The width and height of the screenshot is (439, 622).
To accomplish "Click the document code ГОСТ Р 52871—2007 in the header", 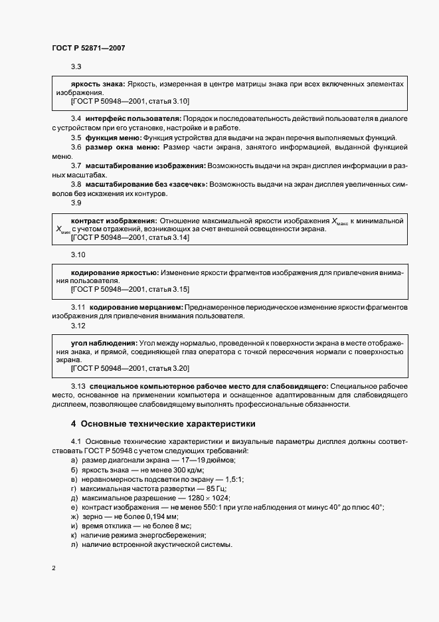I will tap(88, 49).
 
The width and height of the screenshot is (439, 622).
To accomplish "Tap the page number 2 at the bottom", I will tap(53, 568).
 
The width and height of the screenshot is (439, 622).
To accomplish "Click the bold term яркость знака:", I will tap(98, 85).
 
